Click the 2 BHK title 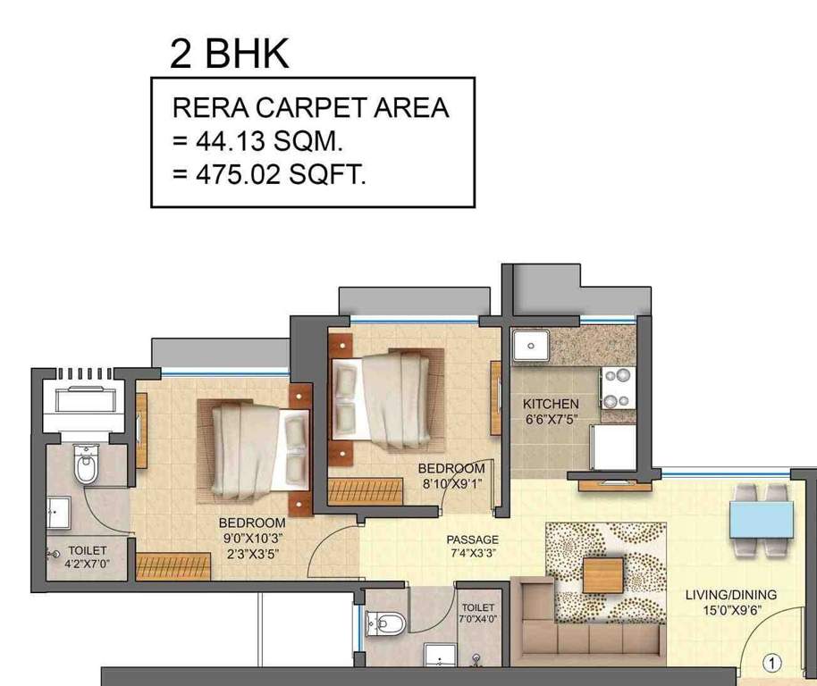(x=230, y=53)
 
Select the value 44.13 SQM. (x=269, y=141)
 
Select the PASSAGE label (x=473, y=540)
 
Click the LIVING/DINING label (x=730, y=595)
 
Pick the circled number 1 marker (x=773, y=663)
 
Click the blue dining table (x=761, y=519)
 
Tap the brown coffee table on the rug (x=602, y=574)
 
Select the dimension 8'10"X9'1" (x=451, y=483)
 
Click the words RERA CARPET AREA (x=310, y=108)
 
